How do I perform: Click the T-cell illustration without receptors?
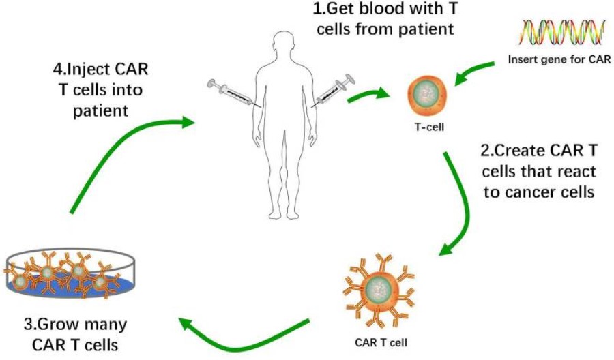427,95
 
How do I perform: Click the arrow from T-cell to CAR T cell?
464,205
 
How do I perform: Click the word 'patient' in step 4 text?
100,110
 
